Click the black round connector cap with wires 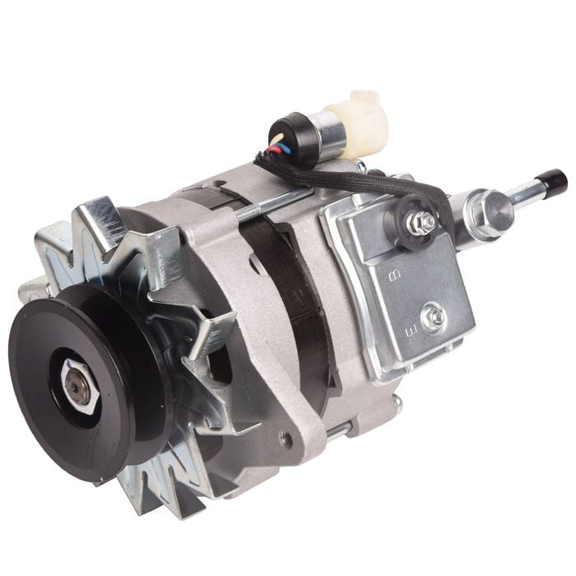pos(292,136)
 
